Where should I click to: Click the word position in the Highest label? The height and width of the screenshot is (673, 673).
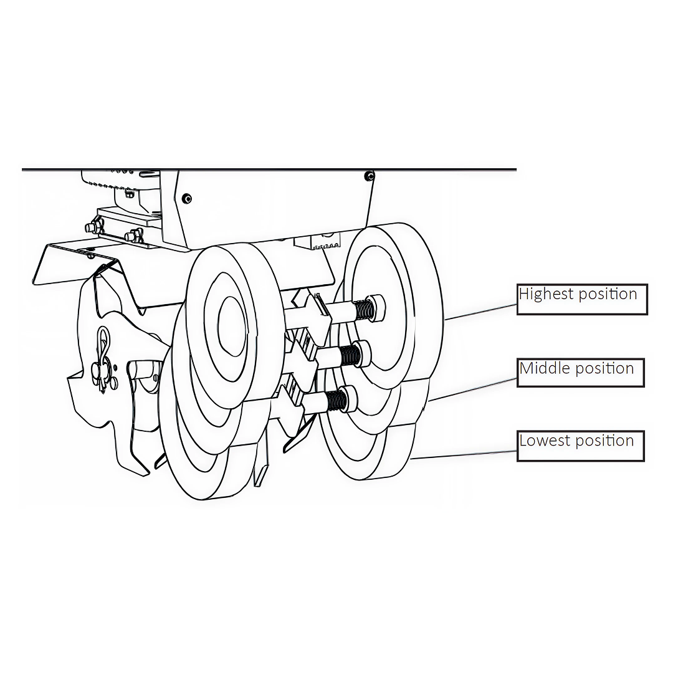(x=608, y=295)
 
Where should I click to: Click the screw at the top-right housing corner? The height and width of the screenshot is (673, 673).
(x=369, y=176)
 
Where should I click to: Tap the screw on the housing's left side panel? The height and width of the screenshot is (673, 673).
(x=186, y=198)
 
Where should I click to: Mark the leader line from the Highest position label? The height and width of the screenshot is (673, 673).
(x=480, y=312)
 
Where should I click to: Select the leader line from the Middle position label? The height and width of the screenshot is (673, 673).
(x=472, y=389)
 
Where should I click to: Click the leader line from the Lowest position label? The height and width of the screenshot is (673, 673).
(x=464, y=455)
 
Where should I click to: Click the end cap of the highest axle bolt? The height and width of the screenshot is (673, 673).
(x=377, y=307)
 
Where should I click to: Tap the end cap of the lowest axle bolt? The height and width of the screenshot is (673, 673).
(x=349, y=399)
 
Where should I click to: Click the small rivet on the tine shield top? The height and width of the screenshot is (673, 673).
(x=90, y=255)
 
